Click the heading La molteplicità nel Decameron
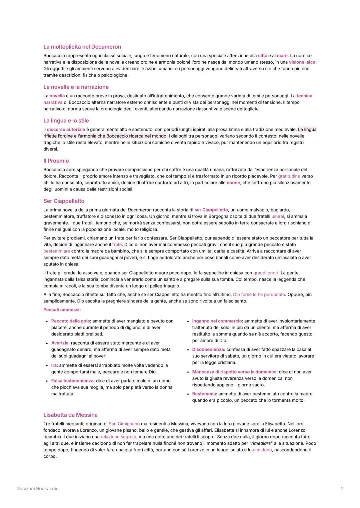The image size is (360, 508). point(82,47)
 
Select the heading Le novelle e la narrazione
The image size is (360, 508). point(76,87)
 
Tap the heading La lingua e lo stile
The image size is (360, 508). point(66,121)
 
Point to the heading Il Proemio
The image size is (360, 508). point(56,161)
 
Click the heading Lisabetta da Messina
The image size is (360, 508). point(70,415)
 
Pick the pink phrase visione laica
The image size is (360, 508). point(302,62)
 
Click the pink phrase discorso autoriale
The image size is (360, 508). point(66,130)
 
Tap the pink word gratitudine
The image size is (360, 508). point(289,176)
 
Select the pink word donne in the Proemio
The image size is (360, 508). point(233,183)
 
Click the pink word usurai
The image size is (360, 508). point(278,217)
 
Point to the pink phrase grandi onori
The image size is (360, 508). point(266,273)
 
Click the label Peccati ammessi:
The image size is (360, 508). point(62,310)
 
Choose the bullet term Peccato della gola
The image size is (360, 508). point(70,321)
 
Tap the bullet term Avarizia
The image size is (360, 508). point(60,343)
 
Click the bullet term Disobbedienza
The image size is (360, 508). point(208,350)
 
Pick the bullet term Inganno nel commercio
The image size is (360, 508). point(217,321)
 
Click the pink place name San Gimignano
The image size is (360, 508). point(124,424)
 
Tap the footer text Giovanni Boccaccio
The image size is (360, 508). point(37,489)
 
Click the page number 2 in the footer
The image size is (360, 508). point(342,489)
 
